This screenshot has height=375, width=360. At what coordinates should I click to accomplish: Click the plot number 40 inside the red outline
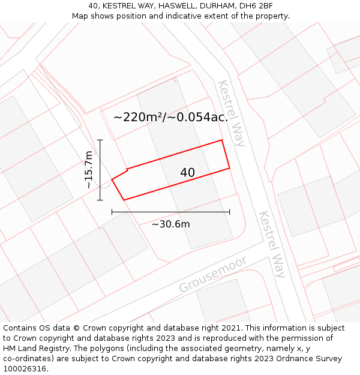[x=187, y=173]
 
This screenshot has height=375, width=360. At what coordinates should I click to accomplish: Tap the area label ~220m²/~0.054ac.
[x=171, y=118]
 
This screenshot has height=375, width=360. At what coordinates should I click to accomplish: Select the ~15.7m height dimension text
[x=89, y=170]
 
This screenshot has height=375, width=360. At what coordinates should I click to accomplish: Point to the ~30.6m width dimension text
[x=170, y=224]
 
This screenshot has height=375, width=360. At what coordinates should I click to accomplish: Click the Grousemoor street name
[x=213, y=275]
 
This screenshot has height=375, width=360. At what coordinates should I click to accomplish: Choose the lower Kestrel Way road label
[x=272, y=244]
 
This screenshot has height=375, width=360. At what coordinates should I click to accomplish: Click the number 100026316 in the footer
[x=25, y=368]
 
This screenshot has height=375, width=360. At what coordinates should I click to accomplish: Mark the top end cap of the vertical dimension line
[x=100, y=140]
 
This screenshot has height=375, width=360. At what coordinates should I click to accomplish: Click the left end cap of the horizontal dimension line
[x=112, y=212]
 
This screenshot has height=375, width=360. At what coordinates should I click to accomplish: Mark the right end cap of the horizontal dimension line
[x=229, y=212]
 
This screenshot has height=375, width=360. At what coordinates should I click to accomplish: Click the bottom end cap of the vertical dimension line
[x=100, y=200]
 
